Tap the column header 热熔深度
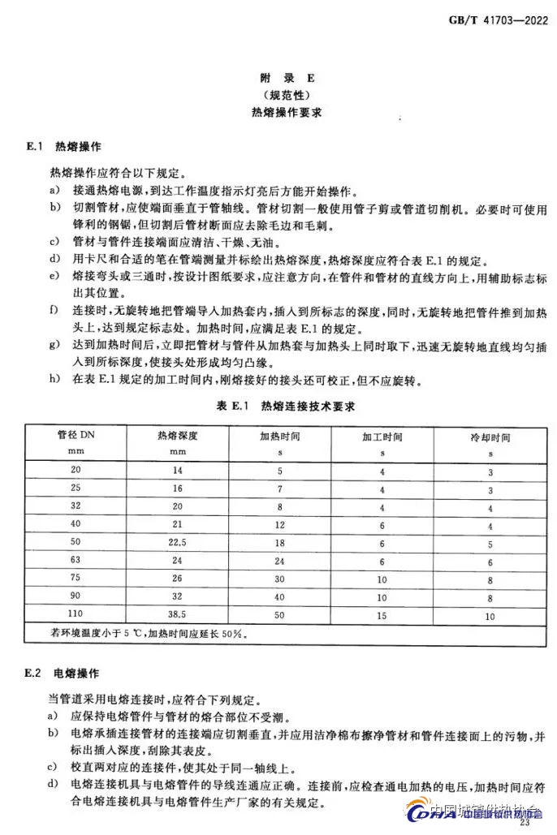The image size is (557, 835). pos(178,437)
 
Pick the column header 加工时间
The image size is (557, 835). pos(382,437)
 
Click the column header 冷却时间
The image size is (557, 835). pos(490,437)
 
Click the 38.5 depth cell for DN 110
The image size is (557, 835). pos(178,616)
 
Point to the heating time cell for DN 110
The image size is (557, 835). pos(279,616)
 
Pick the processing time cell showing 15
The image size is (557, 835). pos(382,616)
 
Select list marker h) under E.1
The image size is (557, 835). pos(54,379)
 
